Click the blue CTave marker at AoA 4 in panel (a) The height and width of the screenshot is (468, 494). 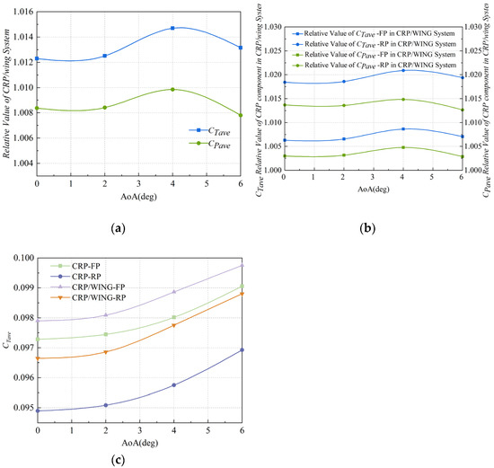(172, 28)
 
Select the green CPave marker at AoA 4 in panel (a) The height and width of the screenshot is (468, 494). (172, 89)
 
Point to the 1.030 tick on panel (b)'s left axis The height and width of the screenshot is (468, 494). (268, 11)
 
